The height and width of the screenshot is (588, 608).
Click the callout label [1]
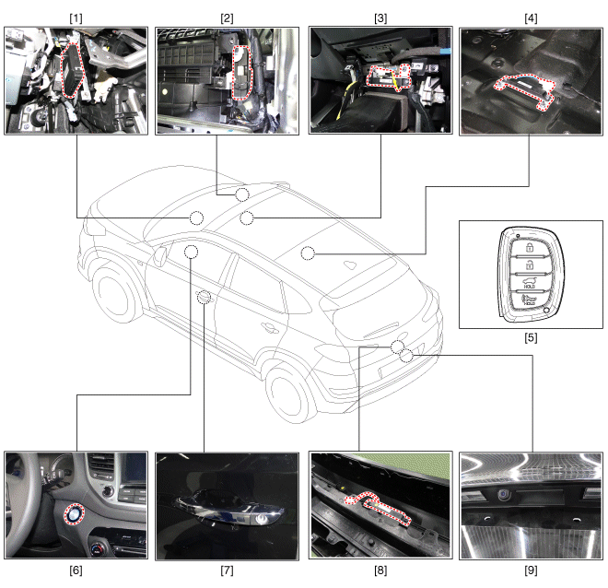tap(76, 18)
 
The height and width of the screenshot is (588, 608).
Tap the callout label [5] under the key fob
tap(531, 338)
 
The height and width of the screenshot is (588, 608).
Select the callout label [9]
tap(531, 570)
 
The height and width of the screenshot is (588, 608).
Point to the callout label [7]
tap(227, 570)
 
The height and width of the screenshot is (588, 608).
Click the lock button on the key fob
tap(530, 247)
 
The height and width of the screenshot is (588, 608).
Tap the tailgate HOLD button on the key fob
tap(530, 283)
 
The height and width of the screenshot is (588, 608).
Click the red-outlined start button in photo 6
tap(74, 514)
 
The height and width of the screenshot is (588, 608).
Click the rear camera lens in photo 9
tap(503, 495)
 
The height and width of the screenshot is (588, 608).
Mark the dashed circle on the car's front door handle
tap(204, 298)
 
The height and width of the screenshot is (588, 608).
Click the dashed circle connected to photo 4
tap(308, 253)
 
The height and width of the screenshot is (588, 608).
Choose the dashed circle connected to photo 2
tap(242, 194)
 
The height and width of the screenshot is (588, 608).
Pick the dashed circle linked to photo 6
tap(191, 253)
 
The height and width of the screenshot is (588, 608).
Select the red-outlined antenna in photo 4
tap(524, 90)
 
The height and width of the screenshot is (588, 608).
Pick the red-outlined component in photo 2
tap(241, 73)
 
